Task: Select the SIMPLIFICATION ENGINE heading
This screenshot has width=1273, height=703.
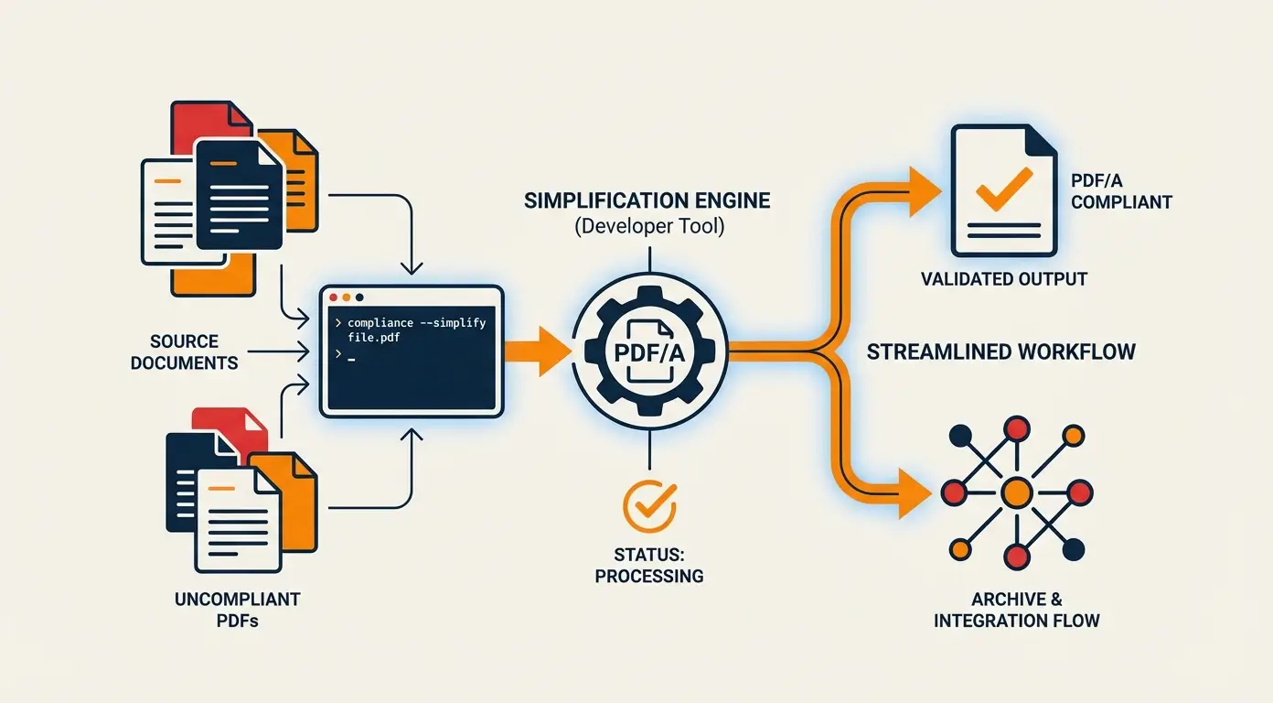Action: (647, 200)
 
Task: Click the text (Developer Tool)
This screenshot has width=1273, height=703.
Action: (648, 227)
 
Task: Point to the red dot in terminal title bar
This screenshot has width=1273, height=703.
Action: (334, 297)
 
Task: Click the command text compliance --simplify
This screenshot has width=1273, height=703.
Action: (416, 324)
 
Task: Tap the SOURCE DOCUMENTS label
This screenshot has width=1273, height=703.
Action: (184, 351)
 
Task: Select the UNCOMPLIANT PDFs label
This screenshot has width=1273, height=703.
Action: (237, 610)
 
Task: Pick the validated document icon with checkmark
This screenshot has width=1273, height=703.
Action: (1003, 190)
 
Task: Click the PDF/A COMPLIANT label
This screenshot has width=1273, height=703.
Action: (1121, 191)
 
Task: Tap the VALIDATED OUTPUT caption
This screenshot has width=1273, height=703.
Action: (1003, 278)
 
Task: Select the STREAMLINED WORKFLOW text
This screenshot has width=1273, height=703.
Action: (1000, 351)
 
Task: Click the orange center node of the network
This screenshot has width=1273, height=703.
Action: (1016, 493)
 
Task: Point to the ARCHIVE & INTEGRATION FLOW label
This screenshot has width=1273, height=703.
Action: (1016, 610)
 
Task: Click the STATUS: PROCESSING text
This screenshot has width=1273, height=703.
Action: (648, 564)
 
